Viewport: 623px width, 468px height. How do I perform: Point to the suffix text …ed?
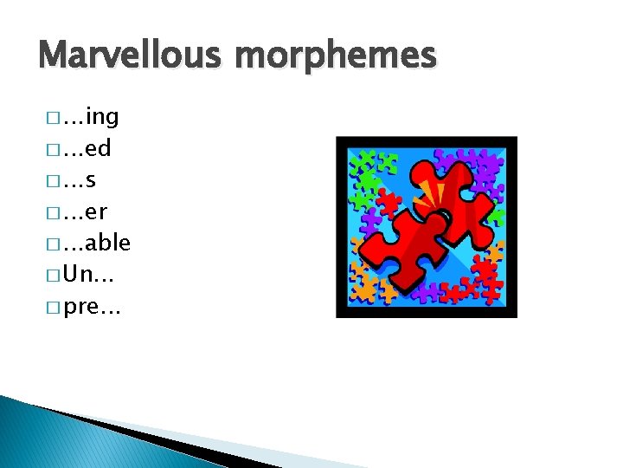click(x=87, y=149)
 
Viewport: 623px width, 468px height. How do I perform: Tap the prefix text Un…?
click(x=86, y=276)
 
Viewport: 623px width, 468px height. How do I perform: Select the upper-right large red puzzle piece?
click(x=457, y=192)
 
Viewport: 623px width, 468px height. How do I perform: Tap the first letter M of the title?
click(x=54, y=56)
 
